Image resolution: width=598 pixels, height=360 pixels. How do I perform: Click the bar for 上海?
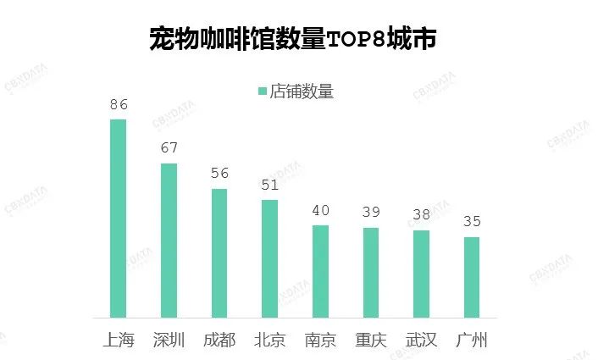118,219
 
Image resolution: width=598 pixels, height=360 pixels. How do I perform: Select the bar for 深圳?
169,241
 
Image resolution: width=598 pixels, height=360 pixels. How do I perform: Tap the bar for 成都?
219,253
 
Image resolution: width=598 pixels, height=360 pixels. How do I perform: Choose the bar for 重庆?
371,273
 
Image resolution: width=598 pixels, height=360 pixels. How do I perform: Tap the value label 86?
118,105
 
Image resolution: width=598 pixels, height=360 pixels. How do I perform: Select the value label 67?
169,148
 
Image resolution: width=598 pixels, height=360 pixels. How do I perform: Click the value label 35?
472,222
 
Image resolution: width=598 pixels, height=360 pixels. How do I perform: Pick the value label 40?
320,210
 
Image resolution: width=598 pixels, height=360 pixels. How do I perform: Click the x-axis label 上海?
118,341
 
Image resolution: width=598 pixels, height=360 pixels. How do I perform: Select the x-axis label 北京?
269,341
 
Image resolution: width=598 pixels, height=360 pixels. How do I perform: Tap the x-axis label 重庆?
371,341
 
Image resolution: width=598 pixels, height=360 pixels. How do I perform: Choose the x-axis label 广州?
472,341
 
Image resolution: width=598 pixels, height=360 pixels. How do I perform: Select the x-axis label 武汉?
421,341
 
